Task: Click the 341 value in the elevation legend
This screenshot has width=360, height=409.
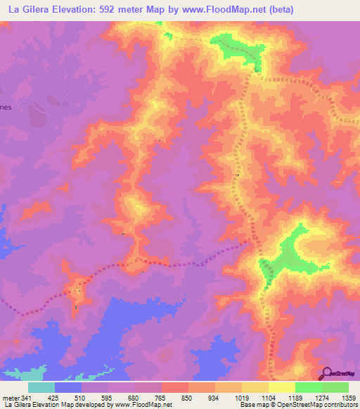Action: pos(30,398)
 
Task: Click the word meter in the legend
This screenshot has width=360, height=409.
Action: pos(11,398)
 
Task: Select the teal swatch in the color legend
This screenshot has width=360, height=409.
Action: pos(42,387)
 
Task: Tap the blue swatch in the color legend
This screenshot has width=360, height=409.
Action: pos(69,387)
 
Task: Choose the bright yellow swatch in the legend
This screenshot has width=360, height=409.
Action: pos(282,387)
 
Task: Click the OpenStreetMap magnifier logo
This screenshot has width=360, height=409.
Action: pos(327,373)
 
